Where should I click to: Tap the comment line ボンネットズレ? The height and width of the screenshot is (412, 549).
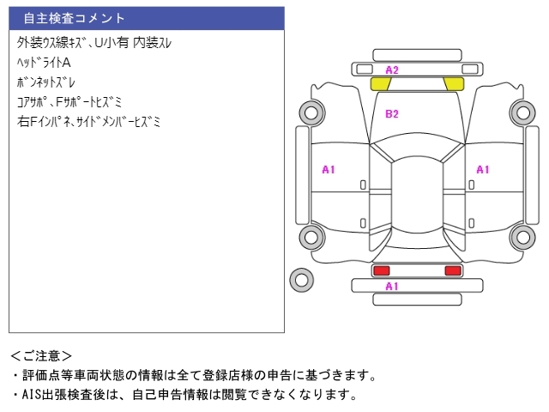(x=46, y=82)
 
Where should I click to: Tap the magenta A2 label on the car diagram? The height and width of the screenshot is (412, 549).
(x=392, y=70)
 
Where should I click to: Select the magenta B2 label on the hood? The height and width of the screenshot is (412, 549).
(x=392, y=113)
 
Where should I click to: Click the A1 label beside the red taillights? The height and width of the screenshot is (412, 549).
(x=392, y=286)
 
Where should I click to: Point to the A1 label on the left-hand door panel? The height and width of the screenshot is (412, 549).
(x=329, y=170)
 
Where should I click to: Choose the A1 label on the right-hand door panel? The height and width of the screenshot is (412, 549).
(x=483, y=170)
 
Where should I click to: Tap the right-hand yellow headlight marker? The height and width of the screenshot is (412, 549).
(x=454, y=84)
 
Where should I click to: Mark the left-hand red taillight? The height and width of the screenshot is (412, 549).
(x=381, y=270)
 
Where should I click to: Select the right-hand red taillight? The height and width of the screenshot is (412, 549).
(x=452, y=270)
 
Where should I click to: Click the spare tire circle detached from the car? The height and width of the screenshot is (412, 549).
(x=301, y=279)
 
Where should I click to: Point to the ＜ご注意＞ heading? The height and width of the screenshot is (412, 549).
(x=41, y=355)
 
